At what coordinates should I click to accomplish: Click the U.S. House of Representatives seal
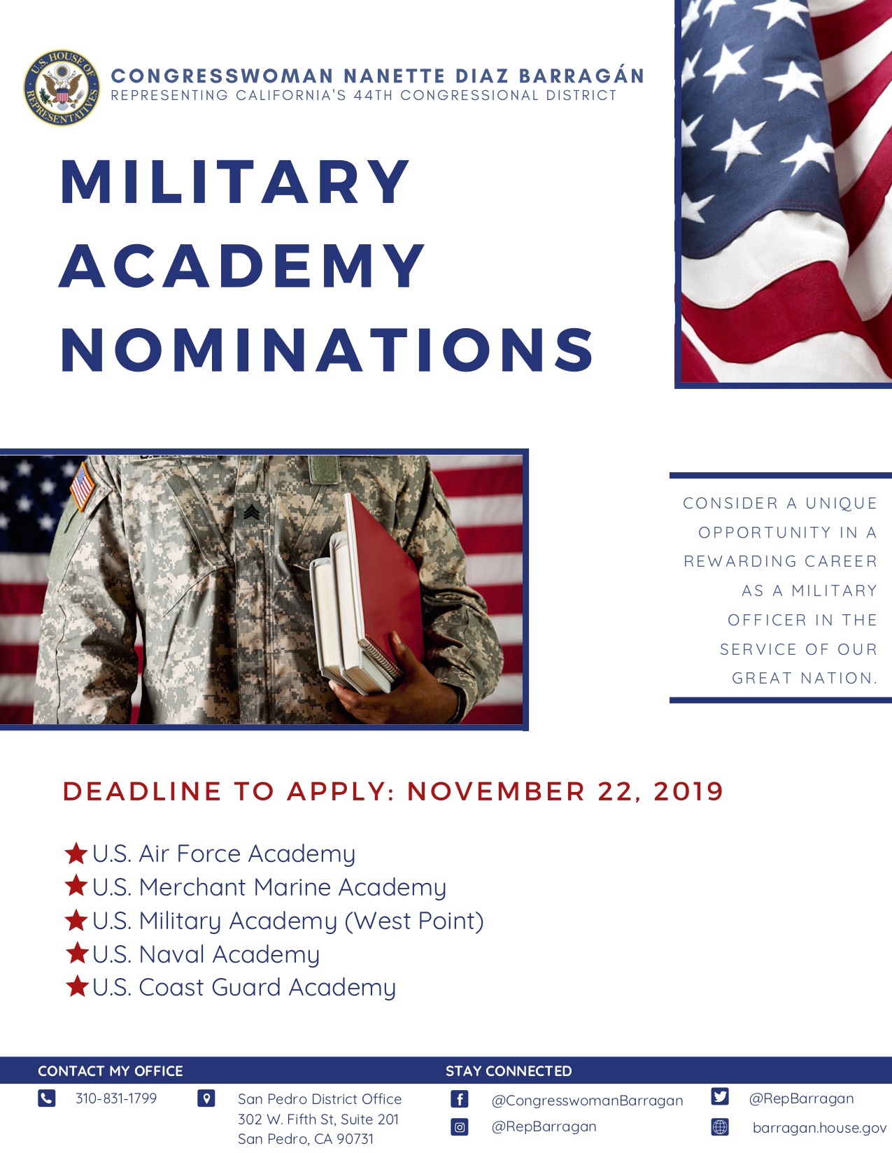pyautogui.click(x=62, y=88)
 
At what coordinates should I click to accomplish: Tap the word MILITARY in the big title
pyautogui.click(x=235, y=182)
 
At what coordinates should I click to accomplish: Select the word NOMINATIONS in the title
pyautogui.click(x=327, y=350)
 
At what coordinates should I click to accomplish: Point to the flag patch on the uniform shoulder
pyautogui.click(x=82, y=486)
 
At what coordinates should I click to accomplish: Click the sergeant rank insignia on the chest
pyautogui.click(x=251, y=512)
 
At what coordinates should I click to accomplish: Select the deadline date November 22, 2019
pyautogui.click(x=565, y=791)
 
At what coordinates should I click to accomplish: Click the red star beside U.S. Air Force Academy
pyautogui.click(x=76, y=854)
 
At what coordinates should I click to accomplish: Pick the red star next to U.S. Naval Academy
pyautogui.click(x=77, y=953)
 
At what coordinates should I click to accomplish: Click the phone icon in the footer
pyautogui.click(x=47, y=1098)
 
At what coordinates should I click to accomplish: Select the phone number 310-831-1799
pyautogui.click(x=116, y=1098)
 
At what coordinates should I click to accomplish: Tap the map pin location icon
pyautogui.click(x=206, y=1098)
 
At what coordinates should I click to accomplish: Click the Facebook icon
pyautogui.click(x=459, y=1099)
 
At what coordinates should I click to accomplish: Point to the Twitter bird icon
pyautogui.click(x=720, y=1096)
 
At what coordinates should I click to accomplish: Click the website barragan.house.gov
pyautogui.click(x=819, y=1128)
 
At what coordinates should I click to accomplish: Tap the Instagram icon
pyautogui.click(x=459, y=1127)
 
